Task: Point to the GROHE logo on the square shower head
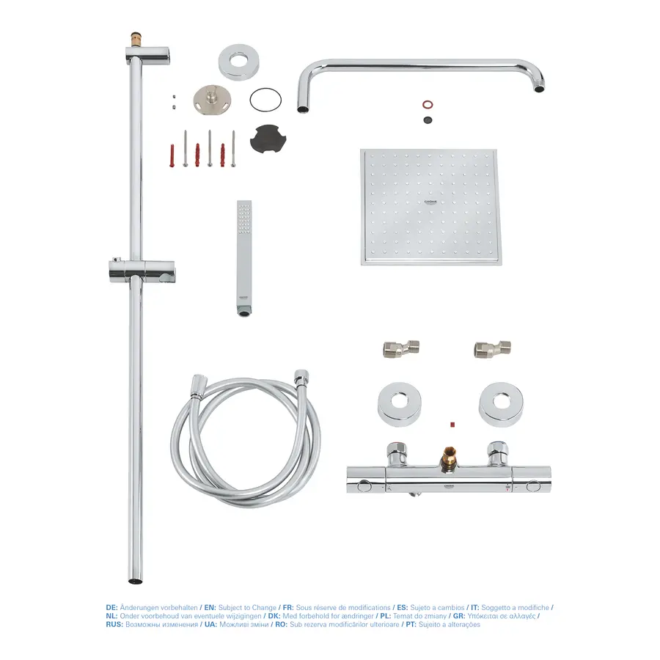point(429,200)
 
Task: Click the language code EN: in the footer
point(210,608)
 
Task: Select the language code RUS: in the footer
point(115,624)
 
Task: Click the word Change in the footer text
point(263,608)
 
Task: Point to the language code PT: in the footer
point(401,624)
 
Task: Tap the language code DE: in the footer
point(111,608)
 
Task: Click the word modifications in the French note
point(364,608)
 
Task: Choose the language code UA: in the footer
point(210,624)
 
